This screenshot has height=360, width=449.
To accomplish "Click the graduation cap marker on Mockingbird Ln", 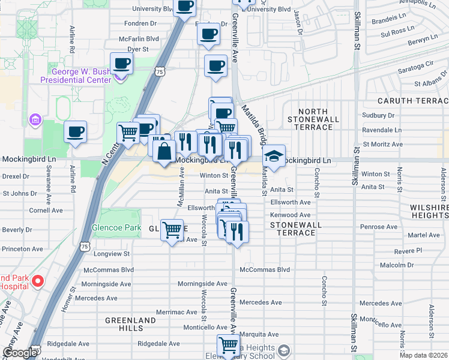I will pyautogui.click(x=274, y=157).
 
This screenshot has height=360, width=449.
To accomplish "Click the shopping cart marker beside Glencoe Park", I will pyautogui.click(x=172, y=230).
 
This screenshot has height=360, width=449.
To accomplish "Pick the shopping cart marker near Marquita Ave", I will pyautogui.click(x=228, y=346).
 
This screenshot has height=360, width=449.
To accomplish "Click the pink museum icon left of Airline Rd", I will pyautogui.click(x=35, y=120).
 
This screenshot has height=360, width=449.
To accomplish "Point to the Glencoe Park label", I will pyautogui.click(x=116, y=228).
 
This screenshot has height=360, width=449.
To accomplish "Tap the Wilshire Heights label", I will pyautogui.click(x=427, y=211).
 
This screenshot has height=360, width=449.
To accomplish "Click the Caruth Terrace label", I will pyautogui.click(x=413, y=101).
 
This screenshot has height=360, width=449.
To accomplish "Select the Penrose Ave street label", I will pyautogui.click(x=378, y=227).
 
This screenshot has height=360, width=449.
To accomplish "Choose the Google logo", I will pyautogui.click(x=19, y=353).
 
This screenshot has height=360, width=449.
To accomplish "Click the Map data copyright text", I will pyautogui.click(x=424, y=355).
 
